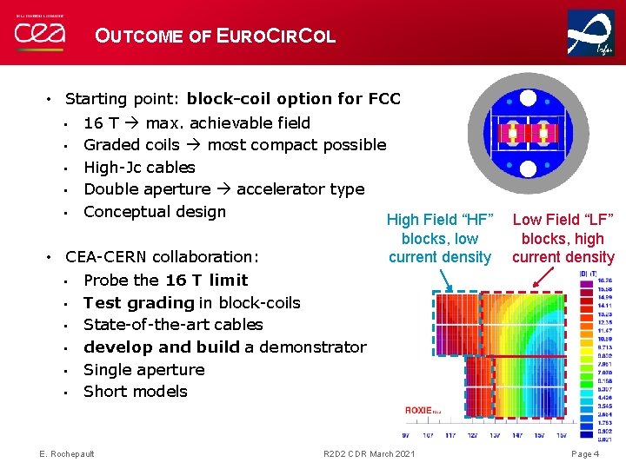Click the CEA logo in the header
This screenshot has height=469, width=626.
coord(40,33)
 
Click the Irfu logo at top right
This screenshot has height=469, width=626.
coord(590,33)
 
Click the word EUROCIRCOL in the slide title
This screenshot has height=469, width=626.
coord(276,36)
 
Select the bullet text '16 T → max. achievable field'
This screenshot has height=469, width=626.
coord(196,122)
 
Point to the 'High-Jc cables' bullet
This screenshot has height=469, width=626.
coord(139,167)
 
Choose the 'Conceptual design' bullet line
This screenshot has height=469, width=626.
coord(155,211)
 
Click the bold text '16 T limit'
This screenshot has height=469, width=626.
coord(206,280)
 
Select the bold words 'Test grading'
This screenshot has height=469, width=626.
coord(138,302)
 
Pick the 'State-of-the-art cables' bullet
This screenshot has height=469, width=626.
coord(173,324)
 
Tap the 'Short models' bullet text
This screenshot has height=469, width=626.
coord(135,391)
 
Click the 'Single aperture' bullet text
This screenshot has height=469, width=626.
coord(144,369)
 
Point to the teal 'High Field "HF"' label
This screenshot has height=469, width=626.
coord(440,221)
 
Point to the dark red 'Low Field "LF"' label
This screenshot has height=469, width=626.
coord(563,221)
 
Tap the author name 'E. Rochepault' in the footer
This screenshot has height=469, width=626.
coord(68,454)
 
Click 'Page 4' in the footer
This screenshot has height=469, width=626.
coord(584,454)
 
